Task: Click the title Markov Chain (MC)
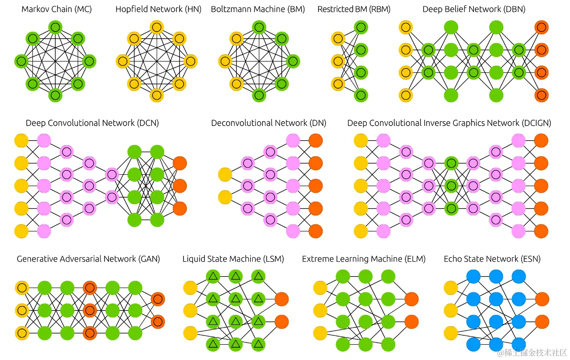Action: point(57,9)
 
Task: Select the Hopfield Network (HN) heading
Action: point(158,9)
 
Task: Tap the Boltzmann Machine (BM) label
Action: point(258,9)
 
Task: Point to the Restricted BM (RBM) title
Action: point(354,9)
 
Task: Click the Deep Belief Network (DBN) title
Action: point(473,9)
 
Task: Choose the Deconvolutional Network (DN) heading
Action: point(269,123)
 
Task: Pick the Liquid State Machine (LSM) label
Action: point(233,259)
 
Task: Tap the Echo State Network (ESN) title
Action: point(492,259)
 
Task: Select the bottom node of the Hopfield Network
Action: point(157,94)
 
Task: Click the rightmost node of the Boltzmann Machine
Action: point(293,61)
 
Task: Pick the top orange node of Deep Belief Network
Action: point(541,28)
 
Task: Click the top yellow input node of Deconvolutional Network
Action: point(225,175)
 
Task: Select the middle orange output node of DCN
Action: point(180,186)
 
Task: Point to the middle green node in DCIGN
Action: point(451,186)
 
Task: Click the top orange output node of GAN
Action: point(158,299)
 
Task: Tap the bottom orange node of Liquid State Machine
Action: point(281,322)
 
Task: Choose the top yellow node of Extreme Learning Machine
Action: point(320,288)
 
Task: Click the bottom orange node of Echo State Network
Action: point(542,322)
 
